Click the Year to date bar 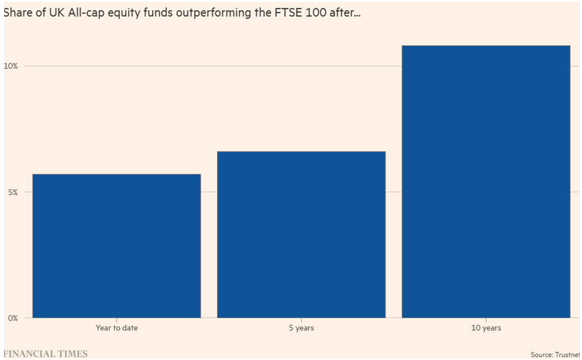(x=116, y=246)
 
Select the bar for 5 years (x=301, y=234)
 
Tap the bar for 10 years (x=486, y=181)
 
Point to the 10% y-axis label (x=11, y=66)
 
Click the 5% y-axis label (x=13, y=192)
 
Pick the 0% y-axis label (x=13, y=318)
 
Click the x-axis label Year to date (x=116, y=328)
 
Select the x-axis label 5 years (x=301, y=328)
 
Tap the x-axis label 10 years (x=486, y=328)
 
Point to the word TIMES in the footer (x=72, y=354)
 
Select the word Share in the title (x=17, y=12)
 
